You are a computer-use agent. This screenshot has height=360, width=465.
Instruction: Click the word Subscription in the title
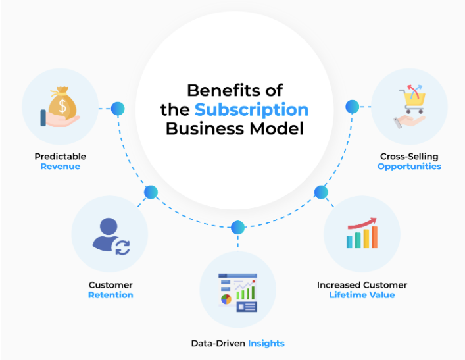click(x=251, y=109)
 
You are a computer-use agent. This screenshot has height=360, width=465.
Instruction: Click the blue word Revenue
click(x=60, y=167)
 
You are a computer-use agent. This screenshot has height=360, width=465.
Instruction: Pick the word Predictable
click(x=60, y=157)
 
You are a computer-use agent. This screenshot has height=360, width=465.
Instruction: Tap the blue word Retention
click(x=110, y=295)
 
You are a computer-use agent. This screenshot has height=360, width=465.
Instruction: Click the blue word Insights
click(x=266, y=343)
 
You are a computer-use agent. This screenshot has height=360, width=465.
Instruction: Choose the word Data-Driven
click(x=218, y=343)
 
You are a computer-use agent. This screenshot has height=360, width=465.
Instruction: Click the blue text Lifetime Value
click(x=362, y=295)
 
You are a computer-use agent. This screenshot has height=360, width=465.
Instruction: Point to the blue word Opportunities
click(x=409, y=167)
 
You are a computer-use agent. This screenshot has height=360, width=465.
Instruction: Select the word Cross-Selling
click(x=409, y=157)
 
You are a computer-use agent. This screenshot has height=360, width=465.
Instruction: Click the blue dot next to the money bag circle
click(x=118, y=108)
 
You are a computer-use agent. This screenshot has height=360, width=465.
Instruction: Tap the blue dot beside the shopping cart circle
click(x=353, y=107)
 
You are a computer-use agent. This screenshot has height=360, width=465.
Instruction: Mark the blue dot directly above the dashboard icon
click(x=237, y=228)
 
